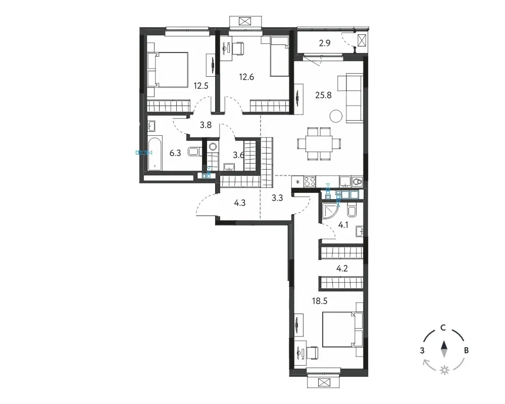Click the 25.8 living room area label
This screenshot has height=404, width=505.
323,95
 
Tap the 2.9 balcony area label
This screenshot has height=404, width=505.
325,43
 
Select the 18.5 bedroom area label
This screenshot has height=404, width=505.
320,301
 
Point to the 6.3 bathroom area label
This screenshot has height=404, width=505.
175,153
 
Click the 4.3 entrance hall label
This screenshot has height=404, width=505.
240,203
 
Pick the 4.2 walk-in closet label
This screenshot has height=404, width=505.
342,268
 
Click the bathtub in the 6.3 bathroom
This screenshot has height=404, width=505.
155,154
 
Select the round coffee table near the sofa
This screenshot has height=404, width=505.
336,116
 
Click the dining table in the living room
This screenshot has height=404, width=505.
319,144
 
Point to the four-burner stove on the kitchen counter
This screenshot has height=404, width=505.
310,181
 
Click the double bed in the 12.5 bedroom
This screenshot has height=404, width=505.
168,70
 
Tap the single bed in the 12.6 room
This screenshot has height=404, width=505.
280,57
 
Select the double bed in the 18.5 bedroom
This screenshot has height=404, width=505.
342,329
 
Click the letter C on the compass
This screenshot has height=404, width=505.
443,328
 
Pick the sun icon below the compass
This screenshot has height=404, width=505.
444,370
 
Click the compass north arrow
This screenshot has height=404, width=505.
444,349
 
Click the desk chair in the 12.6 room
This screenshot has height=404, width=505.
238,49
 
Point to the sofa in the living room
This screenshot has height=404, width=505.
355,98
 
